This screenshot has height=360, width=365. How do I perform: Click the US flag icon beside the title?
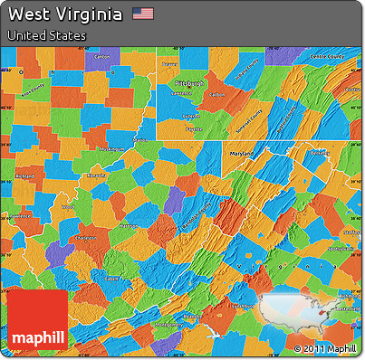(x=143, y=14)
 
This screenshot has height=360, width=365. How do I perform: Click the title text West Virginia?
(x=65, y=14)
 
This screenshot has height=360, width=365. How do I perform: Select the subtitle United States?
(x=46, y=35)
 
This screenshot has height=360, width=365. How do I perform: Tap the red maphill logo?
(x=38, y=322)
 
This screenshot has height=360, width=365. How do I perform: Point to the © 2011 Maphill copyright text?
(x=325, y=348)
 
